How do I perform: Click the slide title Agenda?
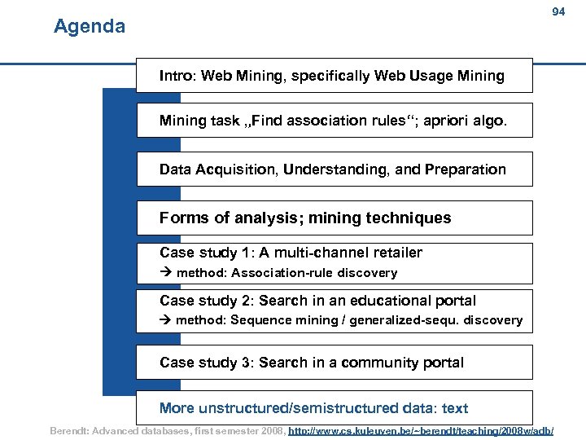point(90,27)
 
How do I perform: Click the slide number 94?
point(558,12)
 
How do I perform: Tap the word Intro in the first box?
point(175,76)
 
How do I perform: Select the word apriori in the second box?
point(456,121)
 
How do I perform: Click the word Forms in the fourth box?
point(182,218)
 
